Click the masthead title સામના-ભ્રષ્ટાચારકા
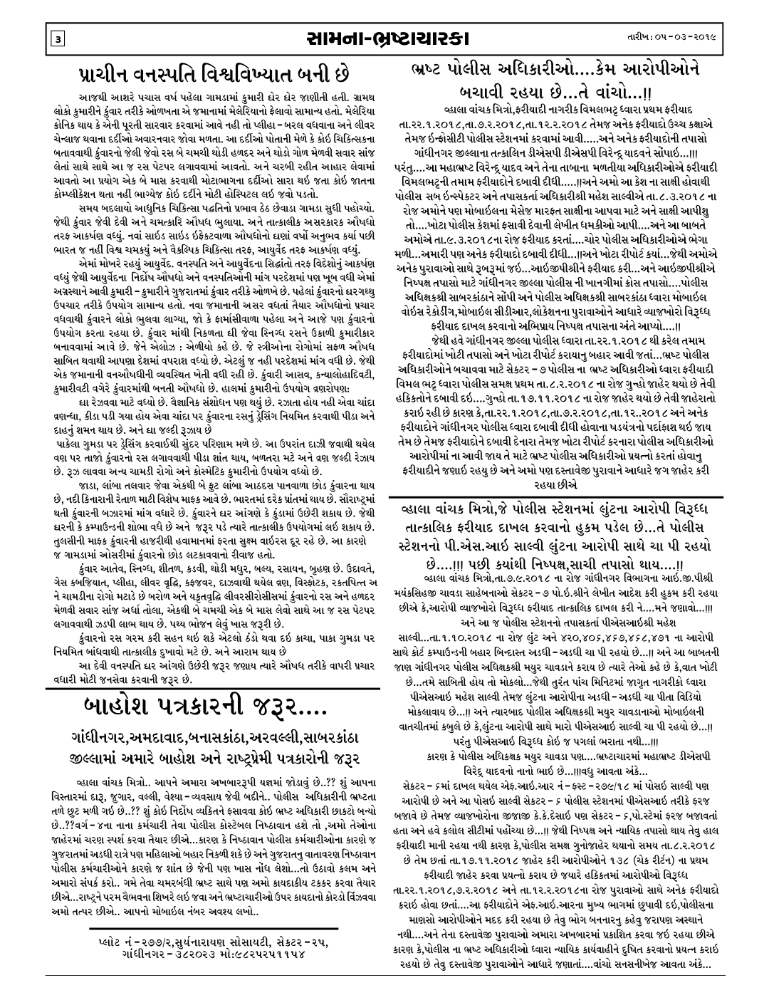click(x=384, y=36)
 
